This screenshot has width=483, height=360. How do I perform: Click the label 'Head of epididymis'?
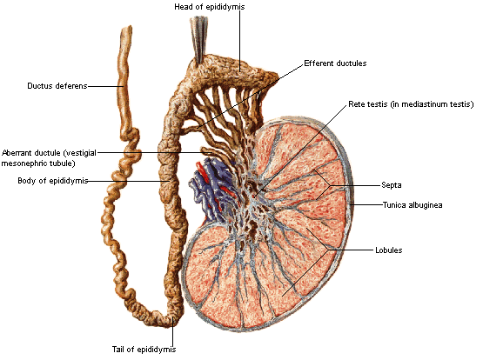click(210, 7)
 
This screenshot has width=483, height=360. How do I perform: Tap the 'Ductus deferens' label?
click(57, 86)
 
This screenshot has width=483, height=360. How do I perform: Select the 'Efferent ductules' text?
click(335, 63)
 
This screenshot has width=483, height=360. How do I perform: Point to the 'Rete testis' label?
click(368, 104)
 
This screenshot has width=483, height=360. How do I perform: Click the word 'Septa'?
click(392, 185)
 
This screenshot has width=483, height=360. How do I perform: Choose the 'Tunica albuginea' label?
click(413, 205)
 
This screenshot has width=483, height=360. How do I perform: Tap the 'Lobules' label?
click(388, 250)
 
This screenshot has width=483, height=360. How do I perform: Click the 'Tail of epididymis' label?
click(144, 350)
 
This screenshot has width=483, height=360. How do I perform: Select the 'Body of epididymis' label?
click(53, 181)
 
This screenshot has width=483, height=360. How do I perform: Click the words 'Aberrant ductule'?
click(30, 153)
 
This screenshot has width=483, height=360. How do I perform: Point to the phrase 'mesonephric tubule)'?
click(38, 163)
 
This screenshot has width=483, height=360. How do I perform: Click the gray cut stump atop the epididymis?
click(198, 38)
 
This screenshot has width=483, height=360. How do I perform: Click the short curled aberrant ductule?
click(207, 150)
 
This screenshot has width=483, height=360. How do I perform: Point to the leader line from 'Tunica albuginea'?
click(366, 204)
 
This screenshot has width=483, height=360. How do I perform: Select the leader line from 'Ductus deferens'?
click(106, 86)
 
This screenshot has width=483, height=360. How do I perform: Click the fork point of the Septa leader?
click(330, 185)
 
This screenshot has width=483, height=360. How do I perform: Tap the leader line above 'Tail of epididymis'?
click(173, 331)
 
